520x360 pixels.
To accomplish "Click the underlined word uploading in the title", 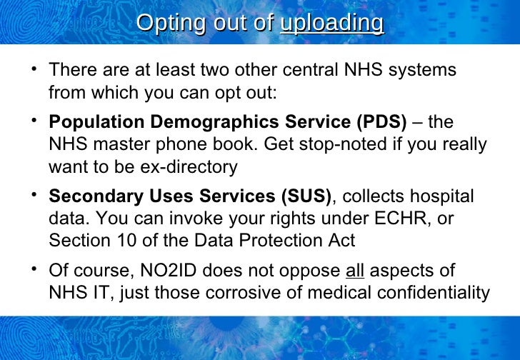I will [332, 23].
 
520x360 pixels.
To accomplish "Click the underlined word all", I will [355, 271].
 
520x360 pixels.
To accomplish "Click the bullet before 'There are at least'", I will [34, 69].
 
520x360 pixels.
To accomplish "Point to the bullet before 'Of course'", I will [34, 269].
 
